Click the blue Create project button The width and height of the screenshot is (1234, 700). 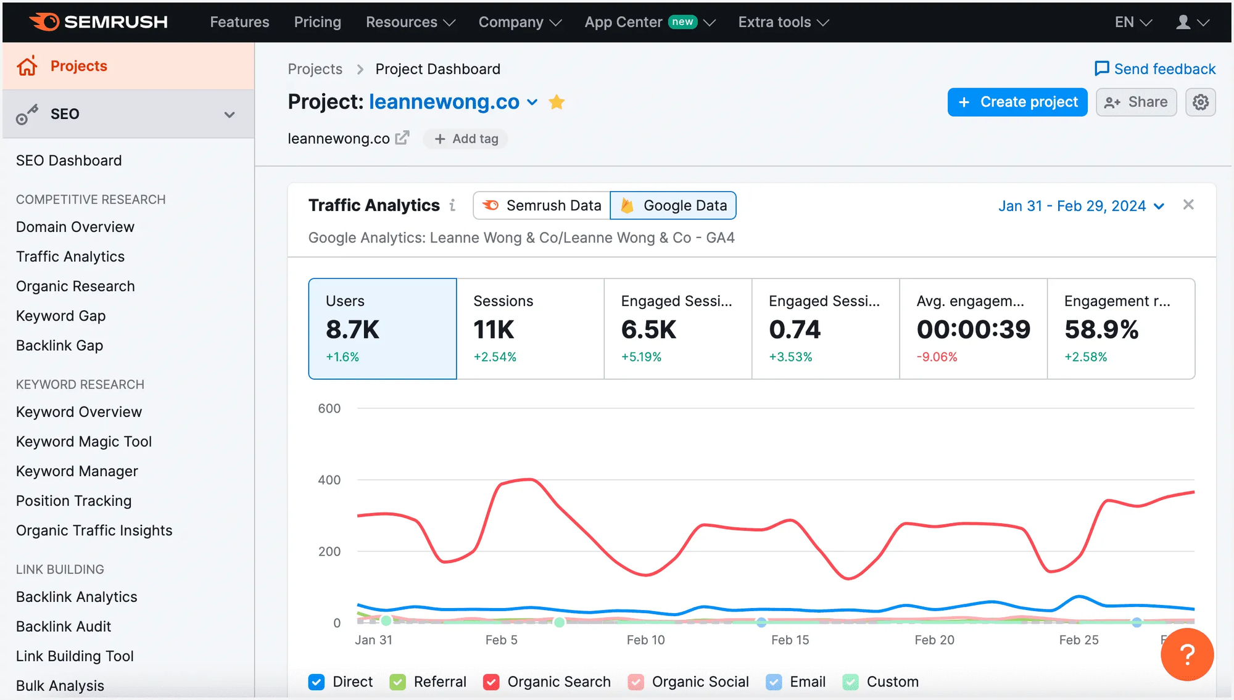coord(1017,102)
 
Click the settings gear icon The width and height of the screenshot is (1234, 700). coord(1200,102)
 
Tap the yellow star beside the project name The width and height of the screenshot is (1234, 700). coord(557,102)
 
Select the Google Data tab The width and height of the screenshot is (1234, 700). coord(673,205)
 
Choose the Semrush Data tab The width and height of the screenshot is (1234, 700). coord(542,205)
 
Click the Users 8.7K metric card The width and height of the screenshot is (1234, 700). coord(383,328)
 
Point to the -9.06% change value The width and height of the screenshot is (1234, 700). coord(937,357)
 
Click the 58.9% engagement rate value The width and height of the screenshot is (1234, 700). coord(1101,330)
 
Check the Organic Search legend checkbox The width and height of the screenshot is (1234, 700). coord(491,682)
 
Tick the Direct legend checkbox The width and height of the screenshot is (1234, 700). coord(317,682)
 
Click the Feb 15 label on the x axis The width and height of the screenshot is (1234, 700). coord(790,640)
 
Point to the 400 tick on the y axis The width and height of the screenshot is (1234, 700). coord(329,480)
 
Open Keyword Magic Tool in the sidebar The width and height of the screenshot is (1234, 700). coord(84,442)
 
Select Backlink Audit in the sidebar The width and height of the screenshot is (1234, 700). coord(64,627)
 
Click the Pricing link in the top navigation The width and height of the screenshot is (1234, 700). coord(317,22)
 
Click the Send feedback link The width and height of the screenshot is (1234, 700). coord(1155,69)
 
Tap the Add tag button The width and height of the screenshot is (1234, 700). coord(466,139)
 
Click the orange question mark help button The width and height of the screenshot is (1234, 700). coord(1186,654)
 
